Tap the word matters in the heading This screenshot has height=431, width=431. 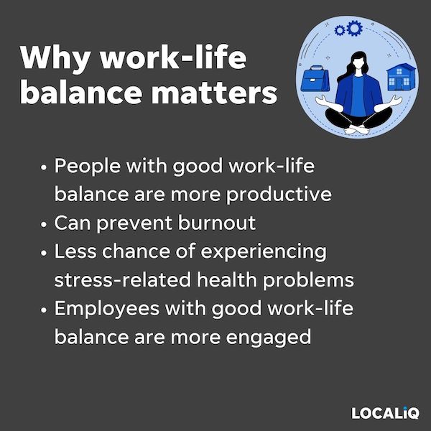point(214,93)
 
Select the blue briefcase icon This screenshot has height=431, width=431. point(315,78)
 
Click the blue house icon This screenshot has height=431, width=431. point(401,77)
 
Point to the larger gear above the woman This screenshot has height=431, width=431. point(354,28)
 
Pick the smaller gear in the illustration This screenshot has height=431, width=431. point(340,30)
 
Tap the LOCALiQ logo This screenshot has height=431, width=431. point(385,413)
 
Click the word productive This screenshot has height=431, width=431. point(279,195)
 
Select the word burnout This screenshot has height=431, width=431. point(217,223)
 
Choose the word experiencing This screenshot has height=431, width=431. point(264,252)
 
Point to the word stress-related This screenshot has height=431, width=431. point(123,280)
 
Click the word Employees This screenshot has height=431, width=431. point(106,309)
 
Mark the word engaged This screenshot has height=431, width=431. point(268,338)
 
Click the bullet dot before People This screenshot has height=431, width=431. point(43,167)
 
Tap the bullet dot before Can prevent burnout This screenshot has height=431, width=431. point(43,224)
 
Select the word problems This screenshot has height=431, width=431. point(308,280)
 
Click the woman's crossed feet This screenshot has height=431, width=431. point(357,129)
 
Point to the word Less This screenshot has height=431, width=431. point(75,251)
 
